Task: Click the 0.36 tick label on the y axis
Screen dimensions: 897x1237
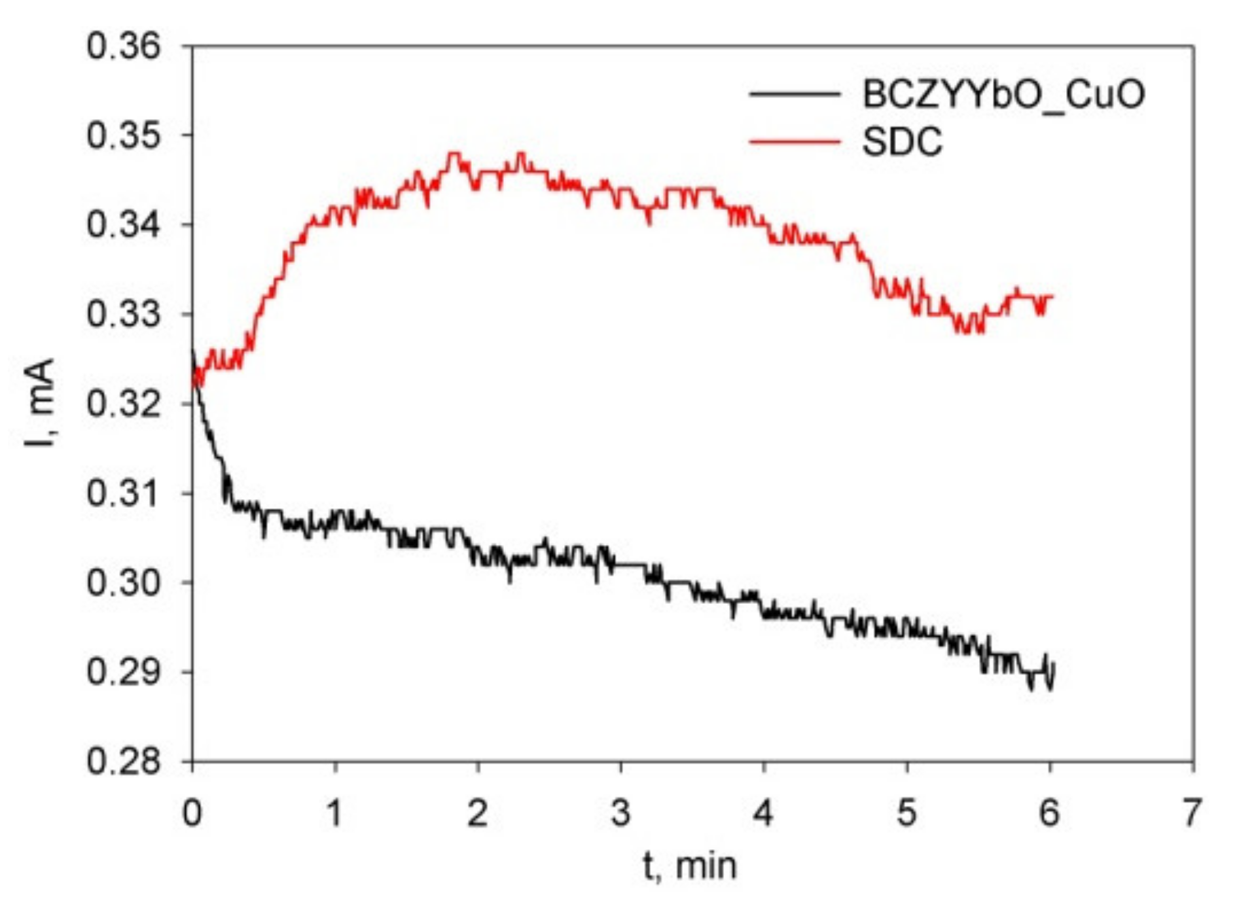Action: coord(123,47)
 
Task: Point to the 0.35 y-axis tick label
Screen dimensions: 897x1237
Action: coord(123,136)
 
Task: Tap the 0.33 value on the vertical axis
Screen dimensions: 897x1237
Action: coord(123,315)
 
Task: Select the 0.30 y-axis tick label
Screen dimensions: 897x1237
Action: coord(123,582)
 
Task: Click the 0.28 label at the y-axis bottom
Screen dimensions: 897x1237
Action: coord(123,762)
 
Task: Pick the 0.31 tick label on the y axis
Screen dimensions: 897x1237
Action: coord(123,493)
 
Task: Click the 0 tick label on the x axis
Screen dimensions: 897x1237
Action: coord(192,813)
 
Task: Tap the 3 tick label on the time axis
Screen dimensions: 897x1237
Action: coord(620,813)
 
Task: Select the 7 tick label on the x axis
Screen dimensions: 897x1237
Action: coord(1192,813)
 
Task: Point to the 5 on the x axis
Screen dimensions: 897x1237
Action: coord(906,813)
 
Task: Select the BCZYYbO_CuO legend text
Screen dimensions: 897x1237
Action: coord(1003,94)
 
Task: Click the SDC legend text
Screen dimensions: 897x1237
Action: coord(902,141)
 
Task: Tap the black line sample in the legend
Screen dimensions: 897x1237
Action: coord(794,94)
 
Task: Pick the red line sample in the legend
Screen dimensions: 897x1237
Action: coord(794,141)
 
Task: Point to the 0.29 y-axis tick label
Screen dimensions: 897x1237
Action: coord(123,672)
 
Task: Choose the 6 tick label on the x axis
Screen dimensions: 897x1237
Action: coord(1049,813)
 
